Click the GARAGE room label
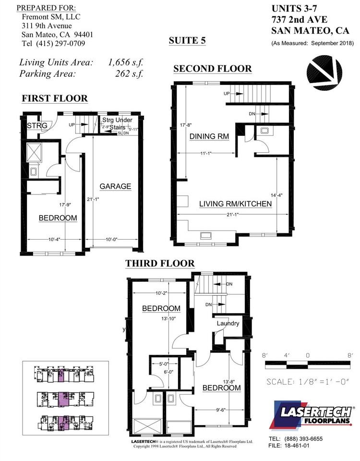click(115, 186)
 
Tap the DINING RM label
click(209, 137)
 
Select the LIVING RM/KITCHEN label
click(235, 204)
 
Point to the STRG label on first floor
click(36, 126)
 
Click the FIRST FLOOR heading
click(55, 98)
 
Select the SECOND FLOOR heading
click(212, 69)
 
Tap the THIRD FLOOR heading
click(160, 263)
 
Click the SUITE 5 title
click(187, 40)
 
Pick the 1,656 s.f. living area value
click(126, 62)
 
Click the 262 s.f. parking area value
click(129, 73)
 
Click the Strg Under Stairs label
click(117, 123)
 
